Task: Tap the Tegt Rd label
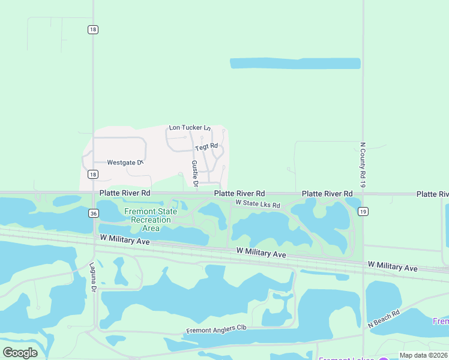coord(206,146)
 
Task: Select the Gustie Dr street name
coord(194,172)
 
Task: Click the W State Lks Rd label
coord(258,205)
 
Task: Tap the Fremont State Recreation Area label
coord(151,220)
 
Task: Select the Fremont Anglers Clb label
coord(216,329)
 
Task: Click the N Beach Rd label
coord(384,319)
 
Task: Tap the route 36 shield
coord(93,213)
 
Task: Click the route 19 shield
coord(363,211)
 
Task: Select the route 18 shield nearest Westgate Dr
coord(92,174)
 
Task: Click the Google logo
coord(20,352)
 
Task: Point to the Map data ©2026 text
coord(424,356)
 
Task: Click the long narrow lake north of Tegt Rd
coord(295,63)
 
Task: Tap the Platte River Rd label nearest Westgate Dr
coord(125,193)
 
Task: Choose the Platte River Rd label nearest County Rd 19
coord(327,194)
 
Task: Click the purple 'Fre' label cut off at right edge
coord(441,322)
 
